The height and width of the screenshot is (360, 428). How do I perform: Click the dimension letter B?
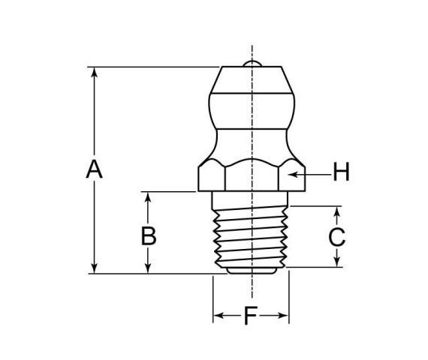pos(149,236)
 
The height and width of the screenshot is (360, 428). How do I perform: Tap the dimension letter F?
pos(251,316)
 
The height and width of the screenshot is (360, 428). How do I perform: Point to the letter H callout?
pos(341,173)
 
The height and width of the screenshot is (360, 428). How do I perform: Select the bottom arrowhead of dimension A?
pos(94,268)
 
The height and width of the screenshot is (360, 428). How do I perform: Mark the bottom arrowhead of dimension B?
pos(149,268)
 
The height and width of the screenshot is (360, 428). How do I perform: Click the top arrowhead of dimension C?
pos(337,211)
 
